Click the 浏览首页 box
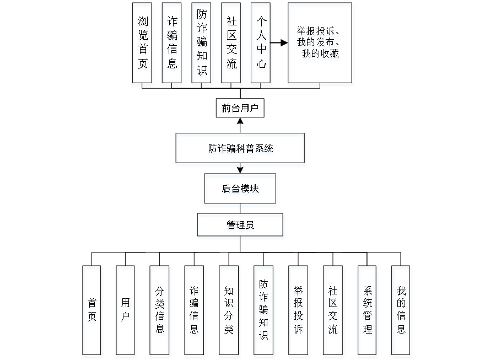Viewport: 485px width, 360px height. pos(143,45)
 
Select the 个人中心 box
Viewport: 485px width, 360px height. pos(261,45)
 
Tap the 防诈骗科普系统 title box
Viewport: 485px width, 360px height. pos(240,149)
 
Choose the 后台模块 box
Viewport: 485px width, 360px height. pos(241,190)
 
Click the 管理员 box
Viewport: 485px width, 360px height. pos(241,227)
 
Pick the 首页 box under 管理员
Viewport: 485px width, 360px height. pos(93,311)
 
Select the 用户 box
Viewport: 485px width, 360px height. pos(126,311)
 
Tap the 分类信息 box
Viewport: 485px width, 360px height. pos(160,311)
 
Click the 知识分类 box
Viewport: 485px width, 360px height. pos(229,311)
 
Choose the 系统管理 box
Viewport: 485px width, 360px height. pos(368,311)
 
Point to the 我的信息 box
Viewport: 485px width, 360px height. pos(402,311)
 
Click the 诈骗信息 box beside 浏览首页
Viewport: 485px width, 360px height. pos(173,45)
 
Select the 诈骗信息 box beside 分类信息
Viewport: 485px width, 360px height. pos(195,311)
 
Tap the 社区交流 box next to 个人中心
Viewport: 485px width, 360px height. pos(232,45)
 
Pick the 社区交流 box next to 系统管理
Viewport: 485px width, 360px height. pos(333,311)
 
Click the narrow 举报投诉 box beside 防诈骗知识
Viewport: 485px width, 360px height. pos(299,311)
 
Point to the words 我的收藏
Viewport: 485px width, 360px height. pos(321,55)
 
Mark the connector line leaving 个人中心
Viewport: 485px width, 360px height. pos(280,42)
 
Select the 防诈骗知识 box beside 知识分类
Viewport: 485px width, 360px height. pos(264,311)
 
